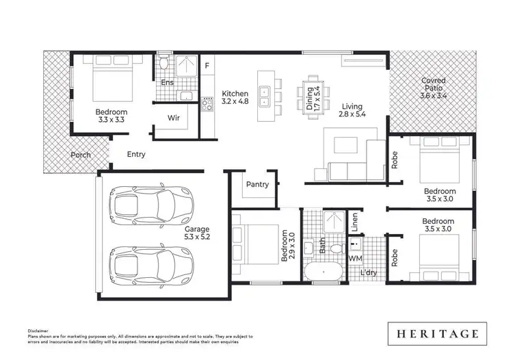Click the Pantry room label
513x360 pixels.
pos(257,184)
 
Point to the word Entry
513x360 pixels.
pos(136,155)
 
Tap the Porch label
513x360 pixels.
pos(81,155)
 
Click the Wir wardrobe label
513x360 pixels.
pos(174,117)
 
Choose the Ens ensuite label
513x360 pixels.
pos(167,83)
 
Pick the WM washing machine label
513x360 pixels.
pos(355,259)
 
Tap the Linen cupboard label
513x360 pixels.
pos(354,222)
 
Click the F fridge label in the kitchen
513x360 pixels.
pos(207,66)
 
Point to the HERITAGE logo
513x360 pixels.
pos(436,334)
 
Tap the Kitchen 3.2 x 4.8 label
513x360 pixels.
pos(235,98)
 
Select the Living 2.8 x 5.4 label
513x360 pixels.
pos(352,110)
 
